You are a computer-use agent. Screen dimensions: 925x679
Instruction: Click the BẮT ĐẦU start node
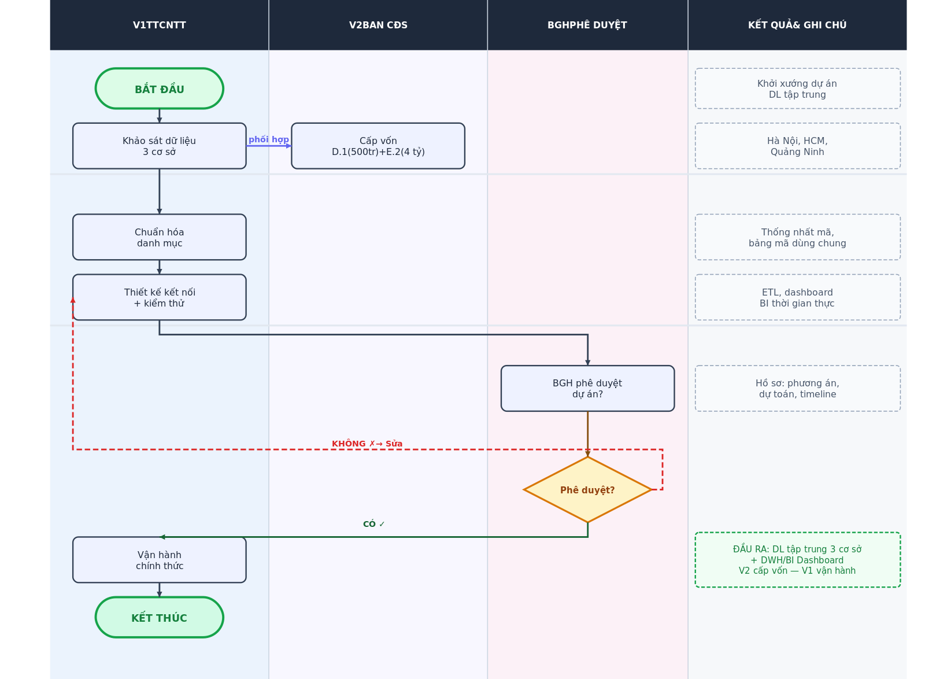click(160, 88)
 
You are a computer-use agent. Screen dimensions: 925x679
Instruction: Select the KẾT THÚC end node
click(160, 618)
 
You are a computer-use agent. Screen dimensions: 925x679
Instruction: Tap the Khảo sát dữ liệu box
click(160, 146)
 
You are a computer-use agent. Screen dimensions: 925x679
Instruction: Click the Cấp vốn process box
click(378, 146)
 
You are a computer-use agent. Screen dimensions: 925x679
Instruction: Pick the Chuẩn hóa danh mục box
click(160, 237)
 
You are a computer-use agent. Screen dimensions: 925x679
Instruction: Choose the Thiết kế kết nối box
click(160, 297)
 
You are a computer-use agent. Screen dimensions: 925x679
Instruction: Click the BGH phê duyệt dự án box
click(587, 388)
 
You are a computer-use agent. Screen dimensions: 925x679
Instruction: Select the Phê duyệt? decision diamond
click(587, 490)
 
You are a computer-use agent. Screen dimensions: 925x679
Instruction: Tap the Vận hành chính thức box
click(160, 560)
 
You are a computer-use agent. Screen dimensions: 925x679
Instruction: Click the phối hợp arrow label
click(269, 139)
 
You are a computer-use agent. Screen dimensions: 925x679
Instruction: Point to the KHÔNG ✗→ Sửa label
click(367, 444)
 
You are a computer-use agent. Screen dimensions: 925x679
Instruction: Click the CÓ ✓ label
click(373, 524)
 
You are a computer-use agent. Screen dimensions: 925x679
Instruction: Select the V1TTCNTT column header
click(160, 25)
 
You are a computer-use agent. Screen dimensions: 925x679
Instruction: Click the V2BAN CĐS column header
click(378, 25)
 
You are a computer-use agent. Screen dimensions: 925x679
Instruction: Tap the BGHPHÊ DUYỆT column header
click(587, 25)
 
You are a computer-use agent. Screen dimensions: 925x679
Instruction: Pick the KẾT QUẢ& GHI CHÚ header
click(797, 25)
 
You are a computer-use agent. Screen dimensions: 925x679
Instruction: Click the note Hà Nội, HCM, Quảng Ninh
click(798, 146)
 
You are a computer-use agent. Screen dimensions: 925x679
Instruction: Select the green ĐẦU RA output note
click(798, 560)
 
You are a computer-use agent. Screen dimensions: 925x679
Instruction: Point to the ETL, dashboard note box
click(798, 297)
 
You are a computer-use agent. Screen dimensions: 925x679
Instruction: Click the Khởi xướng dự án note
click(798, 88)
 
